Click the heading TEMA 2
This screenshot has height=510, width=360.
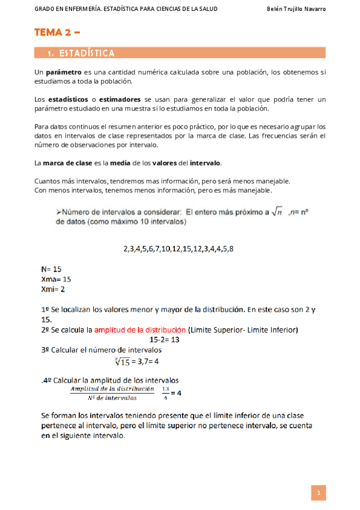coord(56,33)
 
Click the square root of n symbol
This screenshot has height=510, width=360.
coord(277,212)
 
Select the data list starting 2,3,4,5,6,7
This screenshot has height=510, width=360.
coord(178,248)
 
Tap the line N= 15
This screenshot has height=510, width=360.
coord(51,269)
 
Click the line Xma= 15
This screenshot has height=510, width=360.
coord(56,279)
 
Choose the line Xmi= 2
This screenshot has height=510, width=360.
coord(53,289)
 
